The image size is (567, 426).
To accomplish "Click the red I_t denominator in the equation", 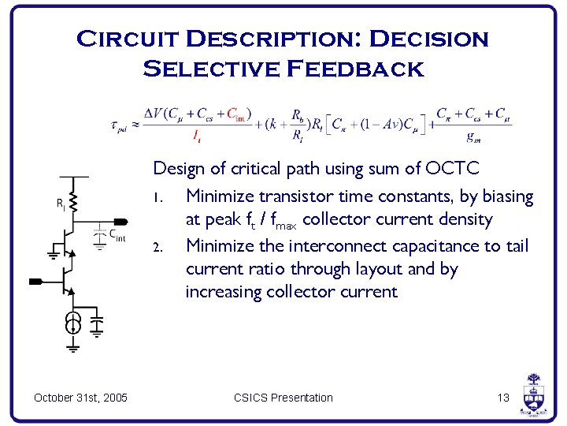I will click(196, 136).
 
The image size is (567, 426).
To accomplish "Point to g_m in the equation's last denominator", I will click(474, 136).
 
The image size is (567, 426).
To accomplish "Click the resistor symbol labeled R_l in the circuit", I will click(72, 201).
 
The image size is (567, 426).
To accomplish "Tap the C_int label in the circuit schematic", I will click(116, 234).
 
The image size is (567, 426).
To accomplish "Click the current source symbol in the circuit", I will click(72, 322).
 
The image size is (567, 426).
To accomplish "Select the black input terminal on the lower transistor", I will click(36, 280).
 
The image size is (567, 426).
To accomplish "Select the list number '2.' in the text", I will click(158, 247).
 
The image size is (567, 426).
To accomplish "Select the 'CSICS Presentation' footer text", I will click(283, 398).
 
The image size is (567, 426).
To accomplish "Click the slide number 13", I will click(503, 398).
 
